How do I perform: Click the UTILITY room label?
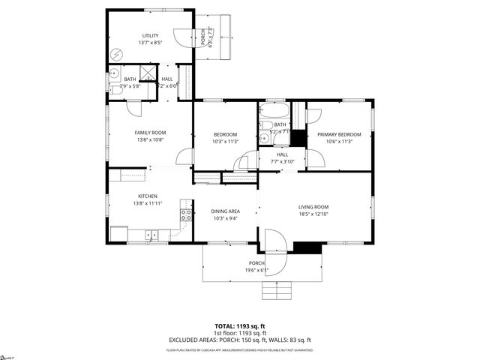pos(151,35)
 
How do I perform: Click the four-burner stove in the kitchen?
pos(184,217)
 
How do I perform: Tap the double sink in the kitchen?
pos(152,235)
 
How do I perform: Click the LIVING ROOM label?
pos(314,207)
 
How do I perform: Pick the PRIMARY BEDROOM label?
pos(339,134)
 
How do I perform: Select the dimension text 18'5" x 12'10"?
pos(314,214)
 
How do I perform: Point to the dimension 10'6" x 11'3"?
pos(339,142)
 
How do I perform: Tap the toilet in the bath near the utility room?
pos(113,73)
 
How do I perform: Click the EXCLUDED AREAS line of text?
pos(240,340)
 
